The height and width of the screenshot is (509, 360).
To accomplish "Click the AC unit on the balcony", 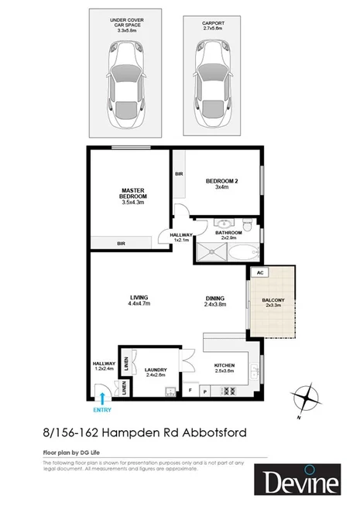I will point(260,273).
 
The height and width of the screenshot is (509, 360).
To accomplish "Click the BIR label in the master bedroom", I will point(121,243).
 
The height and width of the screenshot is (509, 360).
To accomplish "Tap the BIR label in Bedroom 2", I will point(179,175).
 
